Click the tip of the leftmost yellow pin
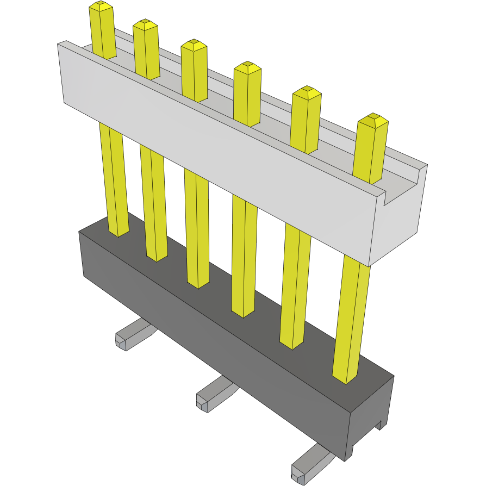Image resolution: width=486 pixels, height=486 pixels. tap(101, 7)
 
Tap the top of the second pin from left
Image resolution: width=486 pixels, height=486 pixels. tap(145, 24)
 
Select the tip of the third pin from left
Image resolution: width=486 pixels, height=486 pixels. tap(194, 45)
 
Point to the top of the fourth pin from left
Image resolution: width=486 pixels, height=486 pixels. tap(247, 67)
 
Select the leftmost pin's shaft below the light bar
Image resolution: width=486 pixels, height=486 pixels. tap(113, 179)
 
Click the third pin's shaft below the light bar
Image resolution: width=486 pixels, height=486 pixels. tap(197, 228)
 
